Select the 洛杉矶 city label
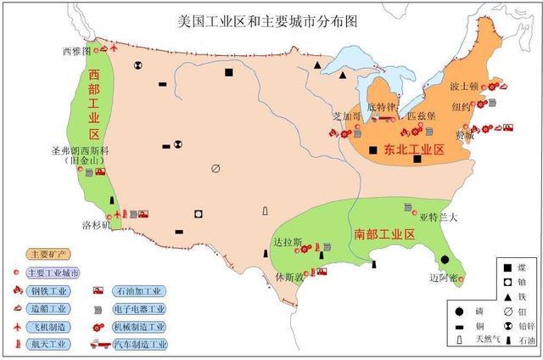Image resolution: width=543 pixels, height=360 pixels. click(95, 226)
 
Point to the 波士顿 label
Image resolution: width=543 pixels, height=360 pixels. click(466, 87)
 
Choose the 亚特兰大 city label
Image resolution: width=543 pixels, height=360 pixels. click(439, 217)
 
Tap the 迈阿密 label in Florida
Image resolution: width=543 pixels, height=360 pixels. click(445, 278)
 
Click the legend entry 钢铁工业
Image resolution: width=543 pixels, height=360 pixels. click(53, 291)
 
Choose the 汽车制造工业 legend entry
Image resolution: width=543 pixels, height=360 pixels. click(140, 345)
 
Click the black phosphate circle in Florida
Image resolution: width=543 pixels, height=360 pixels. click(445, 259)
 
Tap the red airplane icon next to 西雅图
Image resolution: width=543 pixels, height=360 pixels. click(104, 48)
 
